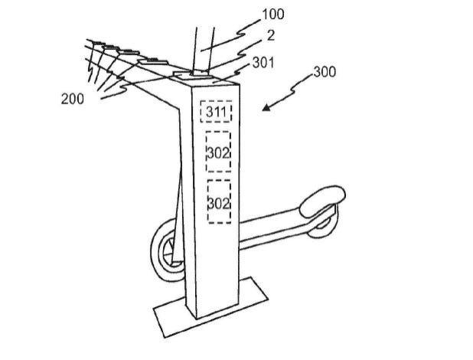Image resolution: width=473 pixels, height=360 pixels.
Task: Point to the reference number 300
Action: coord(325,74)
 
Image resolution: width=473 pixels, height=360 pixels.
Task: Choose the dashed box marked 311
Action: coord(215,112)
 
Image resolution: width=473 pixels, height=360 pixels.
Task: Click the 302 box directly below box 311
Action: coord(218,153)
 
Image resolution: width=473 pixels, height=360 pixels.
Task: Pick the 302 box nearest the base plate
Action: coord(218,202)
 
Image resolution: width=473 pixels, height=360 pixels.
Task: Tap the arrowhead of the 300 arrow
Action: coord(266,108)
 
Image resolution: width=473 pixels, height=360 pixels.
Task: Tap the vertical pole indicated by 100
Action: coord(201,46)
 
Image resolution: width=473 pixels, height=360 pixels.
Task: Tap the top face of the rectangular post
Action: coord(205,79)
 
